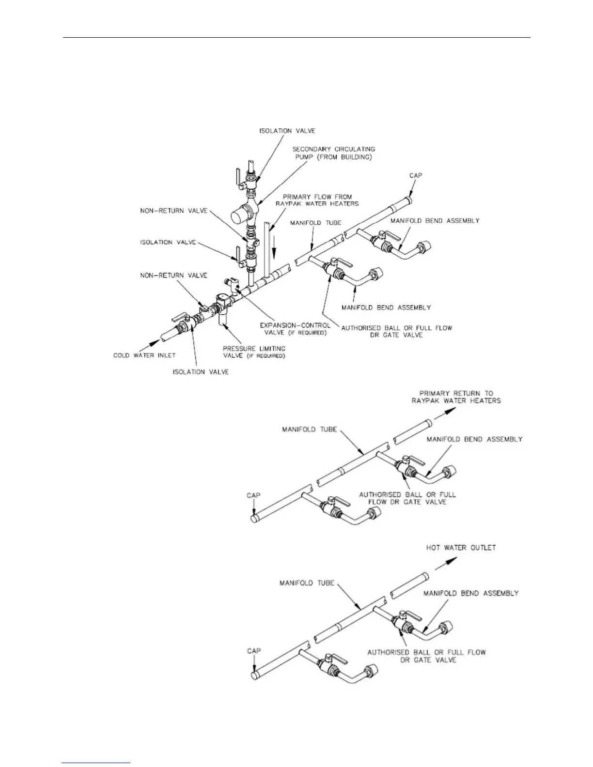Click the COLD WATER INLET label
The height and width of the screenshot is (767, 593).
coord(144,355)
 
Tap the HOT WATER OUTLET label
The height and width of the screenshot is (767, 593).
coord(461,548)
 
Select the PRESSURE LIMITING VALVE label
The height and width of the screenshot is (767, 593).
coord(254,352)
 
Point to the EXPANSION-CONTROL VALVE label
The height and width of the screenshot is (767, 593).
coord(295,329)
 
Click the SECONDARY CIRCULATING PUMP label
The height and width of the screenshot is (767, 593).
coord(334,153)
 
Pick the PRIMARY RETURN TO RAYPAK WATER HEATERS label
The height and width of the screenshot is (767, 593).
coord(456,397)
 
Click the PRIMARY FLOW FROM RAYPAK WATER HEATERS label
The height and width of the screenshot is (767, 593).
coord(317,200)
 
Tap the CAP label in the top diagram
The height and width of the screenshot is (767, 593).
coord(416,175)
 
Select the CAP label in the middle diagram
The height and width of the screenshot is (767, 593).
coord(253,495)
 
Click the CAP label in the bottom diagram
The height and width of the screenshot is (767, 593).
coord(254,651)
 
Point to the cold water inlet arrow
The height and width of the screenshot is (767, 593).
coord(154,342)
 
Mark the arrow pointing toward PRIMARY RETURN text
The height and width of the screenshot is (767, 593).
coord(446,412)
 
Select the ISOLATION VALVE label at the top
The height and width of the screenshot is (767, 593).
coord(287,131)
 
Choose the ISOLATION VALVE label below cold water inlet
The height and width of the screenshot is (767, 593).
coord(201,372)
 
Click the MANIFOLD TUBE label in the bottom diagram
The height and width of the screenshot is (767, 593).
coord(307,583)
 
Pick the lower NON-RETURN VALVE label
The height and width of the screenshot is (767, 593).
coord(173,275)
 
